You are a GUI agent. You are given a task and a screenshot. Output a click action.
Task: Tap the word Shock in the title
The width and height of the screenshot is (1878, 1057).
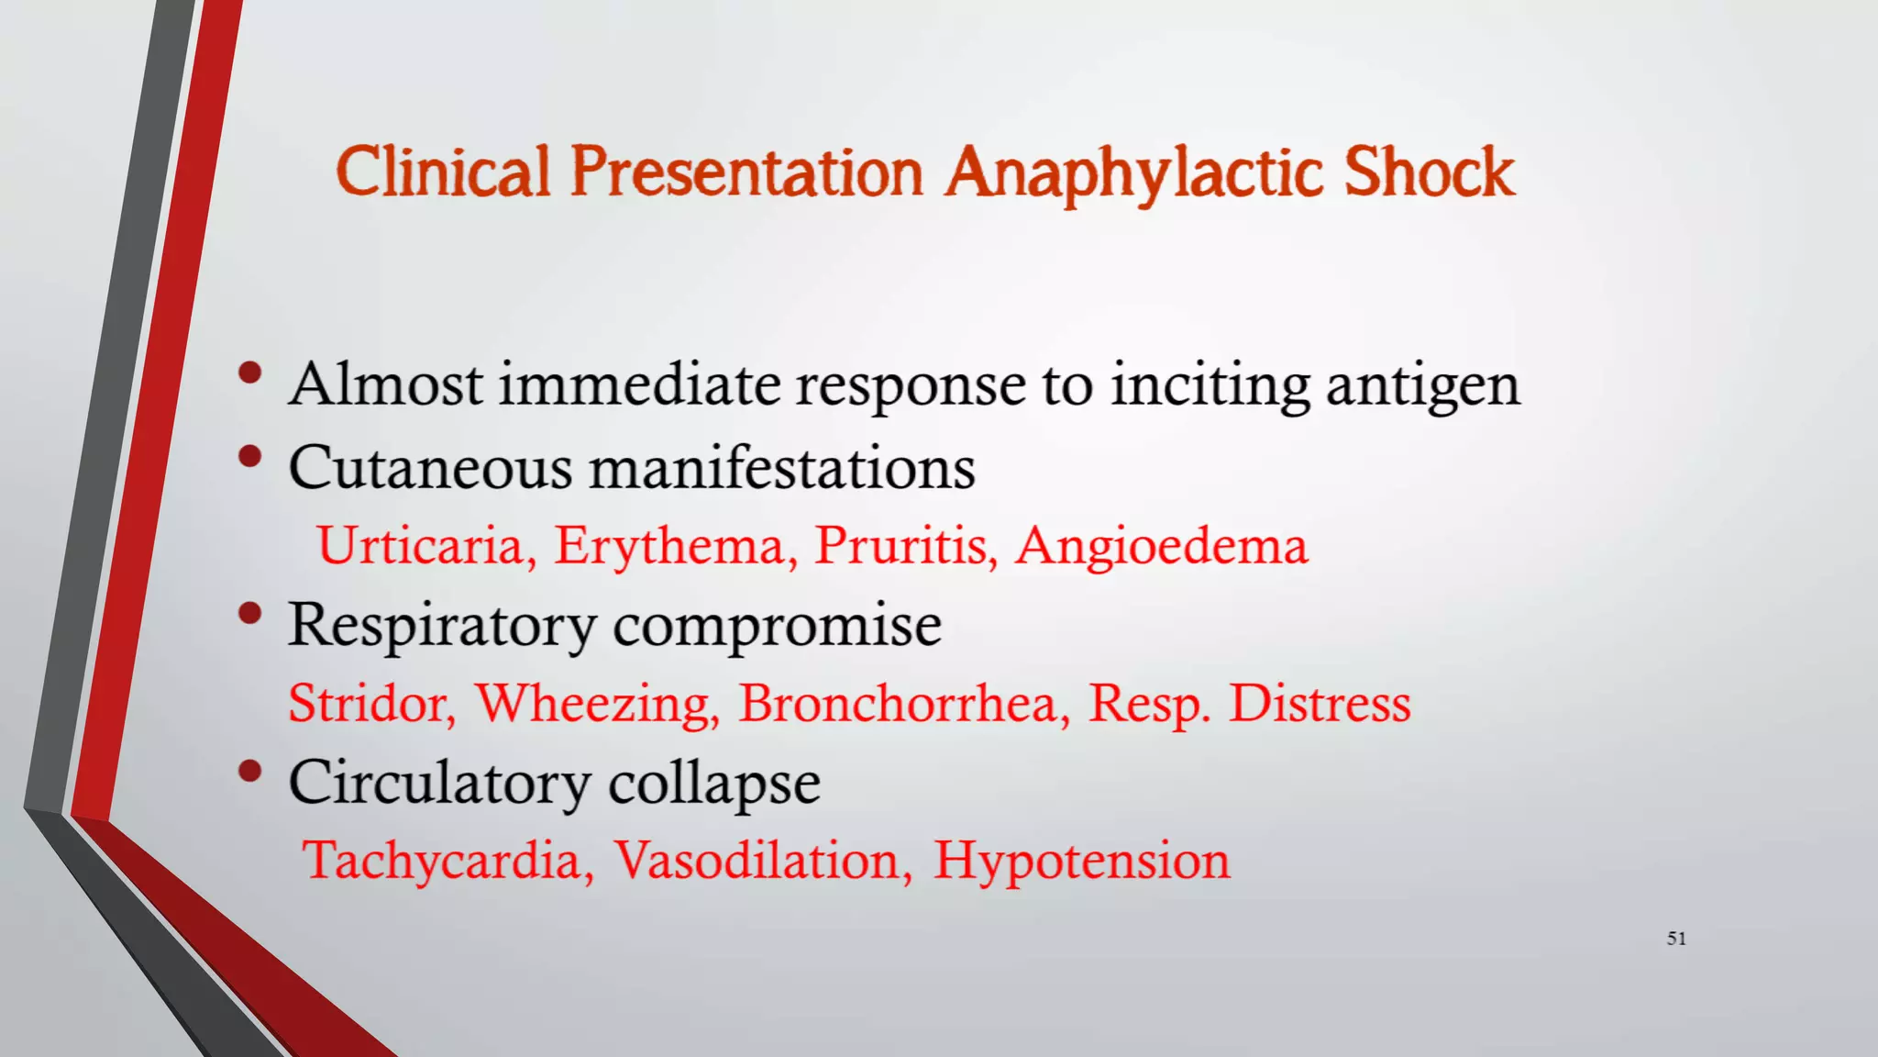[1429, 172]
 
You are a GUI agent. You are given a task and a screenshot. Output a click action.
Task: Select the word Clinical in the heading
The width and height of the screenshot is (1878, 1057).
[443, 172]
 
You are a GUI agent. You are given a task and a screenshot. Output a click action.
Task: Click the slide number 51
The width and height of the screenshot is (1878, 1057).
[1676, 938]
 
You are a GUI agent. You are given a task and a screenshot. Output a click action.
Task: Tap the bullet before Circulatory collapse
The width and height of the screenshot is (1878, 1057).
[249, 771]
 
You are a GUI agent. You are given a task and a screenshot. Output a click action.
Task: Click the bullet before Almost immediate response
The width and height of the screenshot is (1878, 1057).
[249, 373]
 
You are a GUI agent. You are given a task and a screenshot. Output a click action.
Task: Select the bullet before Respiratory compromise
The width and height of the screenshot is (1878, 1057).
[249, 613]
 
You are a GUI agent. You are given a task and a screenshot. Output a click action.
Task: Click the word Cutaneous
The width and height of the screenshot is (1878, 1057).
[430, 468]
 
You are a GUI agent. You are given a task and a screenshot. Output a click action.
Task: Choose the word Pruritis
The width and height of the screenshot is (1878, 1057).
[905, 546]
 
